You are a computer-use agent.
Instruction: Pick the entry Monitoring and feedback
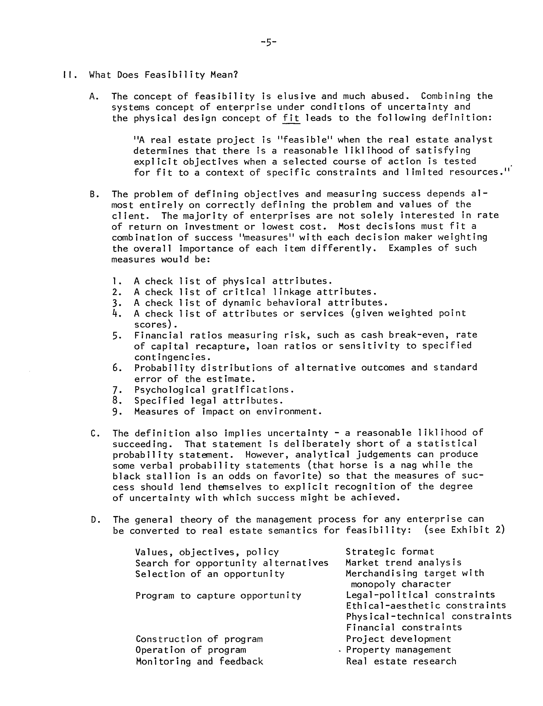199,661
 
